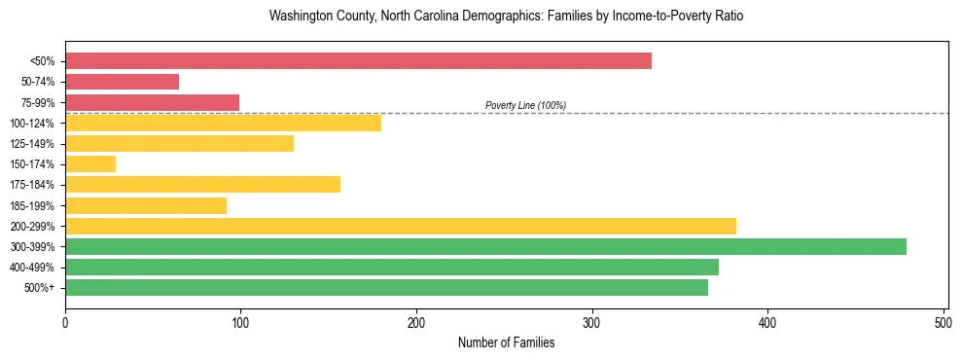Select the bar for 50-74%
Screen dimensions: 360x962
click(x=122, y=82)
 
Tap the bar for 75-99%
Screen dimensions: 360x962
click(x=152, y=102)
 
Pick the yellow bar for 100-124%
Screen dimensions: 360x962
click(x=223, y=123)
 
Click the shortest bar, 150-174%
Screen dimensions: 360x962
click(x=90, y=164)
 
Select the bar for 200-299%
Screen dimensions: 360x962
click(x=401, y=226)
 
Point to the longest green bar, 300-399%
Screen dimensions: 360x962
click(x=485, y=246)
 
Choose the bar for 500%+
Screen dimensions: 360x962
click(x=386, y=287)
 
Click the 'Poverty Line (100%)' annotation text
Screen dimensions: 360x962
click(x=525, y=105)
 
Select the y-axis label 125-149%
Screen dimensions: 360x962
click(x=32, y=144)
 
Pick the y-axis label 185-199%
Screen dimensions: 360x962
click(x=32, y=205)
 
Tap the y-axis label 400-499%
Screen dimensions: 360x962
click(x=32, y=268)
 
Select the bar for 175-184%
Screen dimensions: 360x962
click(x=202, y=185)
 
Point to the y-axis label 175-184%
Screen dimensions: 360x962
click(x=32, y=185)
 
